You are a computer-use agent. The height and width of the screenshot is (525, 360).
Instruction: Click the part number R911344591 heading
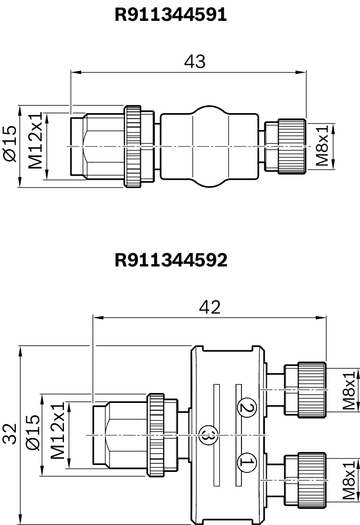pyautogui.click(x=171, y=15)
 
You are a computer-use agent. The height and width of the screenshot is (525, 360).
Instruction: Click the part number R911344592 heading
pyautogui.click(x=171, y=260)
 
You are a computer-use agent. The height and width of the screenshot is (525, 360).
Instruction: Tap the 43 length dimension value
pyautogui.click(x=195, y=61)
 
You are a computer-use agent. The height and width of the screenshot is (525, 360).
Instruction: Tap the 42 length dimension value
pyautogui.click(x=210, y=307)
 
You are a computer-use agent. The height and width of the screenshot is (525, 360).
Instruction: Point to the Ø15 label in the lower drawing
pyautogui.click(x=33, y=433)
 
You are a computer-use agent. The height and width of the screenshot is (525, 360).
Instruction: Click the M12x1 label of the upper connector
pyautogui.click(x=35, y=140)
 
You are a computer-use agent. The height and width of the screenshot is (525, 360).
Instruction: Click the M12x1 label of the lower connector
pyautogui.click(x=58, y=431)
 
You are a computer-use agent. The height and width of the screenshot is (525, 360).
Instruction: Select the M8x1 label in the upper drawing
pyautogui.click(x=322, y=145)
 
